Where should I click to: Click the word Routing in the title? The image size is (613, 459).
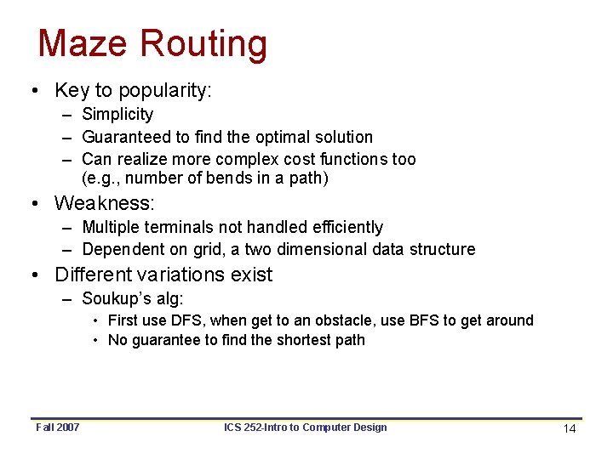pos(203,45)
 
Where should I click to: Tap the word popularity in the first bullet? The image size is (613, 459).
pos(163,90)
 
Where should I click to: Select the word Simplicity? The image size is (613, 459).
pos(117,114)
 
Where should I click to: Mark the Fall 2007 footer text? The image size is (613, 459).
pos(58,427)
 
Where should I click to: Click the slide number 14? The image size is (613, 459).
pos(570,428)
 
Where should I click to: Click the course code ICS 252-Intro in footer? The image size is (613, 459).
pos(255,427)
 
